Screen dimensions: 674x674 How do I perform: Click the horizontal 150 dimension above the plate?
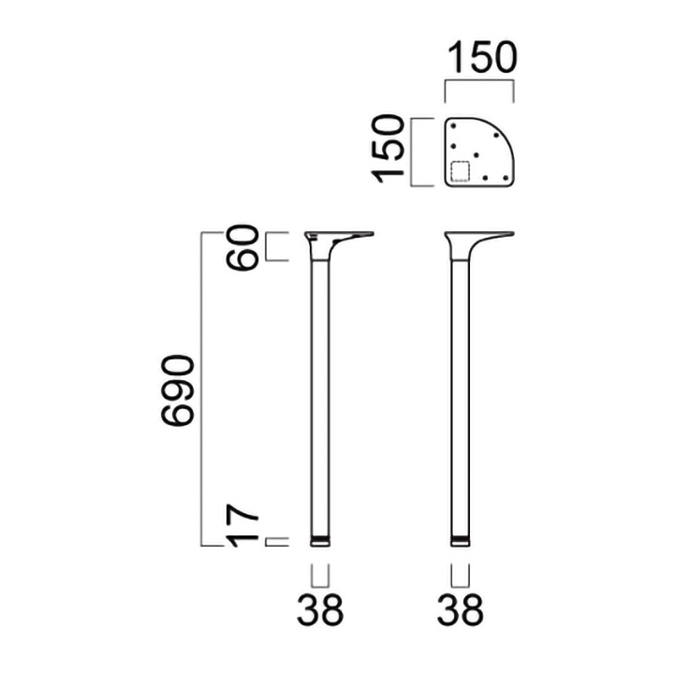click(482, 57)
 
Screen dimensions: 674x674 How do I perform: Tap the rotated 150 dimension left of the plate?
click(388, 149)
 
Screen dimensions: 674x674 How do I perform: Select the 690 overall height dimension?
click(178, 390)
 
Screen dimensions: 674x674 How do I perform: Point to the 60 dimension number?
click(242, 247)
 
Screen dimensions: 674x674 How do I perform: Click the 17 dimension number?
click(242, 526)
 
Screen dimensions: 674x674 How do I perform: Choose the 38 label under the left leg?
click(320, 609)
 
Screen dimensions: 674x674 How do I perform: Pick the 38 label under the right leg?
click(460, 609)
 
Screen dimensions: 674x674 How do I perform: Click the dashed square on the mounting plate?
click(460, 171)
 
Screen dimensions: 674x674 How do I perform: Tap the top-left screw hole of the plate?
click(453, 125)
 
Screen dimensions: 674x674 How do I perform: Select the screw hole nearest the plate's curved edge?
click(496, 135)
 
